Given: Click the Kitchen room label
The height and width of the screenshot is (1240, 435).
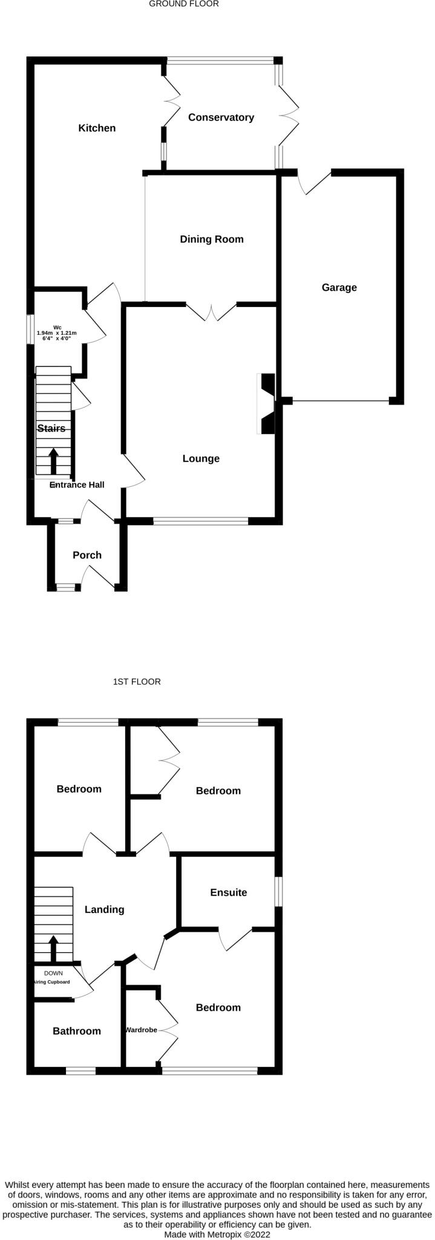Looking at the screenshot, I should (x=97, y=128).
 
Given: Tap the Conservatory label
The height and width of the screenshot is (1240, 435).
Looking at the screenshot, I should (x=221, y=117).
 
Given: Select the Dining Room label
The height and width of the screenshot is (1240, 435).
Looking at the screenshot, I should (x=212, y=239).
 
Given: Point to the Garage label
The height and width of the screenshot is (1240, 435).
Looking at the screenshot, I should (x=339, y=288).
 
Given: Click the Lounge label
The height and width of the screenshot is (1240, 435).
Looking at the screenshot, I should (x=201, y=459).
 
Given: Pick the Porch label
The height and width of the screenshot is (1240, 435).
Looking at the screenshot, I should (x=87, y=555).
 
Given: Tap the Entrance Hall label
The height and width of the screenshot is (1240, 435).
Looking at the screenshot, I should (x=77, y=485).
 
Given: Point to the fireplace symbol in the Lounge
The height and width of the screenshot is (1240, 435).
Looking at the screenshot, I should (x=267, y=404).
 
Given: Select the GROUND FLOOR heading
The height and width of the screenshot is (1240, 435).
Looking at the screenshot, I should (x=184, y=4).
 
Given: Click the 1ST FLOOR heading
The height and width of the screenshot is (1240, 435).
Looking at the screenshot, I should (x=137, y=682).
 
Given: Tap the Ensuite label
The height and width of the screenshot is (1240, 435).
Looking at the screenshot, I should (x=229, y=892).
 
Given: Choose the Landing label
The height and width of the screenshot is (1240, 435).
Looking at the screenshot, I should (x=104, y=909).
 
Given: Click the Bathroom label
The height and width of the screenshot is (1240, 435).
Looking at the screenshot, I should (x=77, y=1031).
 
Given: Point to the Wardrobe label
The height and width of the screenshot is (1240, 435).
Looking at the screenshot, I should (x=141, y=1029).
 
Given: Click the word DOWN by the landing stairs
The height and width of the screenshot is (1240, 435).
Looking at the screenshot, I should (x=53, y=973).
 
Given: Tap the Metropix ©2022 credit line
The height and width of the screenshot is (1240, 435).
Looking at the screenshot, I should (x=217, y=1234).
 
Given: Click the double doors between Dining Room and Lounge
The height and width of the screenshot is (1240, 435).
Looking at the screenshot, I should (x=211, y=312).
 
